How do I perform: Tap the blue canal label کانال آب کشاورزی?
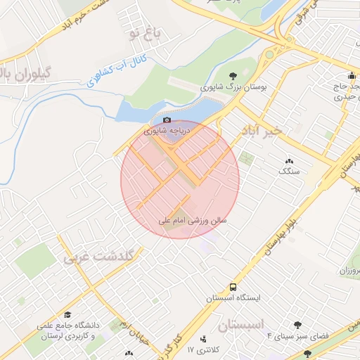point(105,72)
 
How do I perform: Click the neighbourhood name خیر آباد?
point(261,131)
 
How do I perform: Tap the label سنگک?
point(288,170)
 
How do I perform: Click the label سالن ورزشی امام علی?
point(193,221)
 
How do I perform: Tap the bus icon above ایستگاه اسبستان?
point(233,287)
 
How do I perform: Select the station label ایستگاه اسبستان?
point(233,298)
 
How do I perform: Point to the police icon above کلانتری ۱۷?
point(205,339)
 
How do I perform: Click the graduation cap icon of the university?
point(68,314)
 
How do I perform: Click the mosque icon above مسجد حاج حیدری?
point(352,77)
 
